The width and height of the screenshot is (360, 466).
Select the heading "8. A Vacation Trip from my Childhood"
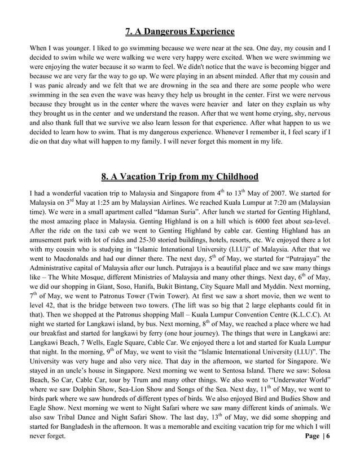(x=179, y=178)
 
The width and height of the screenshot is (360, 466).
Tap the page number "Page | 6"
(x=317, y=436)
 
